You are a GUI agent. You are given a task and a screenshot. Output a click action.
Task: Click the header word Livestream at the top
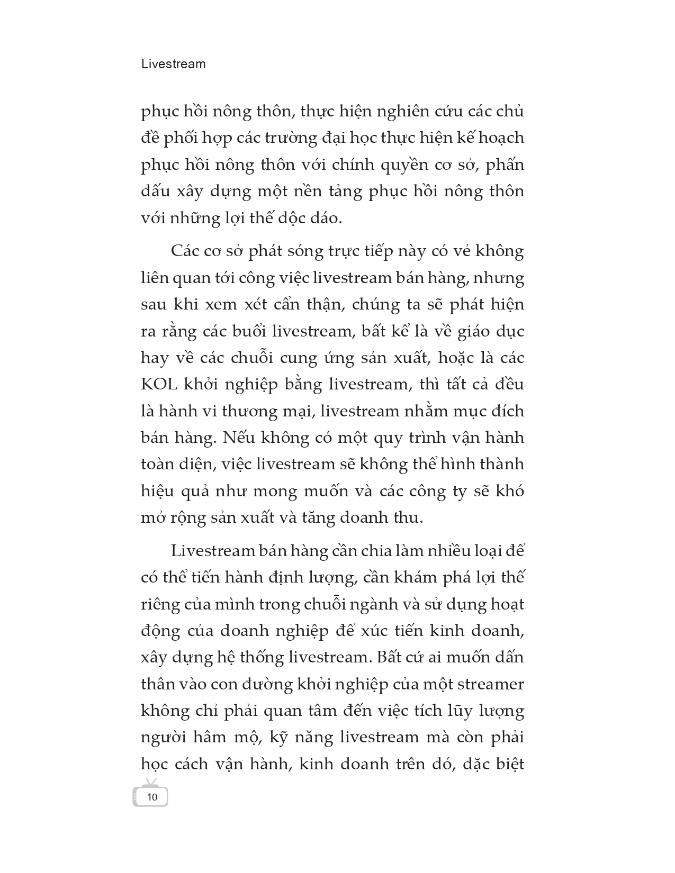[174, 65]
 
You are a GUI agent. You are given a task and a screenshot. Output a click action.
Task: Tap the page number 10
[152, 797]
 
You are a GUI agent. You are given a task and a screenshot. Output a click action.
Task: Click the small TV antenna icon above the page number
[151, 782]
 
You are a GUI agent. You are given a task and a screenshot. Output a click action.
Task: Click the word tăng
[358, 517]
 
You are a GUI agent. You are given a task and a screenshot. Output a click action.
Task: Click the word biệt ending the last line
[507, 764]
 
